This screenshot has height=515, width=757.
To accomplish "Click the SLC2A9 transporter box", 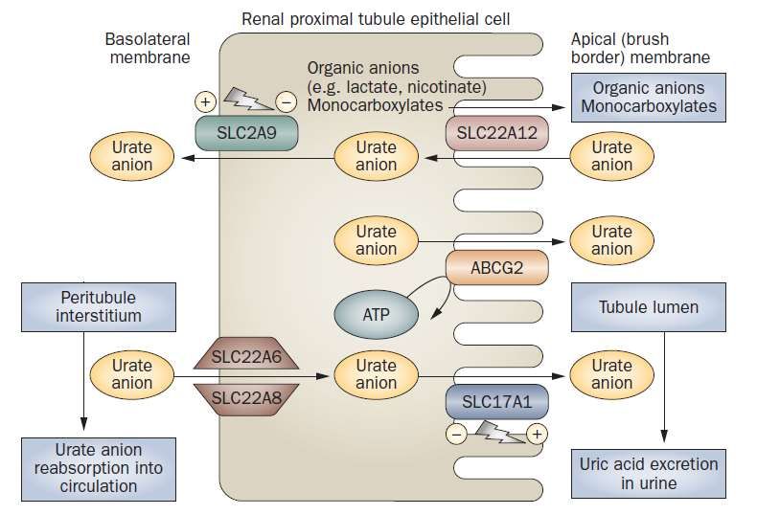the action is (x=246, y=133).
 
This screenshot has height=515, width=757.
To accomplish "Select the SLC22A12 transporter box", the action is (x=496, y=133).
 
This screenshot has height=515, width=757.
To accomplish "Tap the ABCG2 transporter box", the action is (x=496, y=267).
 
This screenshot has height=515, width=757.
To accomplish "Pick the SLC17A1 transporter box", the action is (x=496, y=401).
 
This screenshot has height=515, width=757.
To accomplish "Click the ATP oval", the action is (x=376, y=314).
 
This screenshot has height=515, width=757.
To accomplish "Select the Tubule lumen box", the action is (x=649, y=307).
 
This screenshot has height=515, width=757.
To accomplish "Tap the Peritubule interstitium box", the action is (x=99, y=307).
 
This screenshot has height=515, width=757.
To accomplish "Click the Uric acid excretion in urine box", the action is (x=649, y=474).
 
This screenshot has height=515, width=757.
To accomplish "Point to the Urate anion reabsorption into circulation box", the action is (x=99, y=469).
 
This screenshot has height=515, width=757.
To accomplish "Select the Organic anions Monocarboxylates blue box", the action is (x=649, y=98).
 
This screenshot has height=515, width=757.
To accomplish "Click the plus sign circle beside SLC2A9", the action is (x=205, y=101).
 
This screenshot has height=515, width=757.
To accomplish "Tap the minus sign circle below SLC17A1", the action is (x=456, y=434).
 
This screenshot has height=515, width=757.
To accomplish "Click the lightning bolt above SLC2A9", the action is (x=246, y=98).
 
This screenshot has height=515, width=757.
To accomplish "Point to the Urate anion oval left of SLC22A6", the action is (x=132, y=374).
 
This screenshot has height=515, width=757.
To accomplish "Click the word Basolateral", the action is (x=148, y=39).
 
